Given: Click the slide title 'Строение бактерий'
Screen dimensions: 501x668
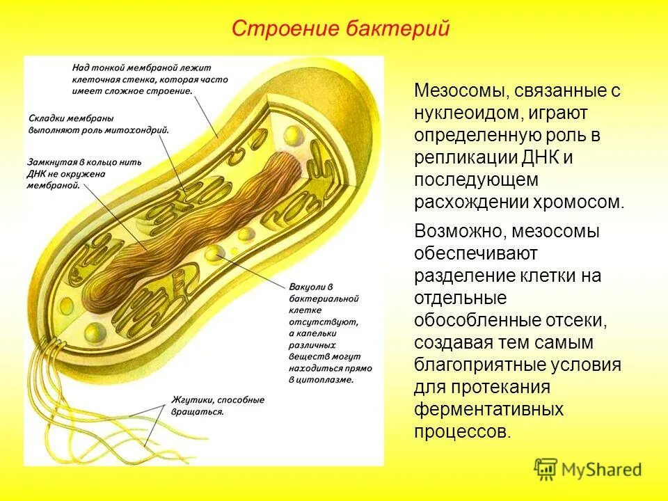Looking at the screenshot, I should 341,29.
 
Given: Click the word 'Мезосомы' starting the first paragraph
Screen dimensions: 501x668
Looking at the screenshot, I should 455,90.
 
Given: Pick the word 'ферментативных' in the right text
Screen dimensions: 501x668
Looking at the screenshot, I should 488,408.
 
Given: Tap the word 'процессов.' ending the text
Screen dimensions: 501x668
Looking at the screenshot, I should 463,431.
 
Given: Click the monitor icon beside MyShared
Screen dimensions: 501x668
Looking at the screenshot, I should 546,468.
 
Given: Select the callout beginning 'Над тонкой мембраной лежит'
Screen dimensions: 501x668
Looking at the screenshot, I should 149,79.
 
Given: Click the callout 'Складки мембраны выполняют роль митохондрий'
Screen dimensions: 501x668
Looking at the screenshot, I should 99,123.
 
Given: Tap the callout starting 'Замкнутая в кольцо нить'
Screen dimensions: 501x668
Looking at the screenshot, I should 85,173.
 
